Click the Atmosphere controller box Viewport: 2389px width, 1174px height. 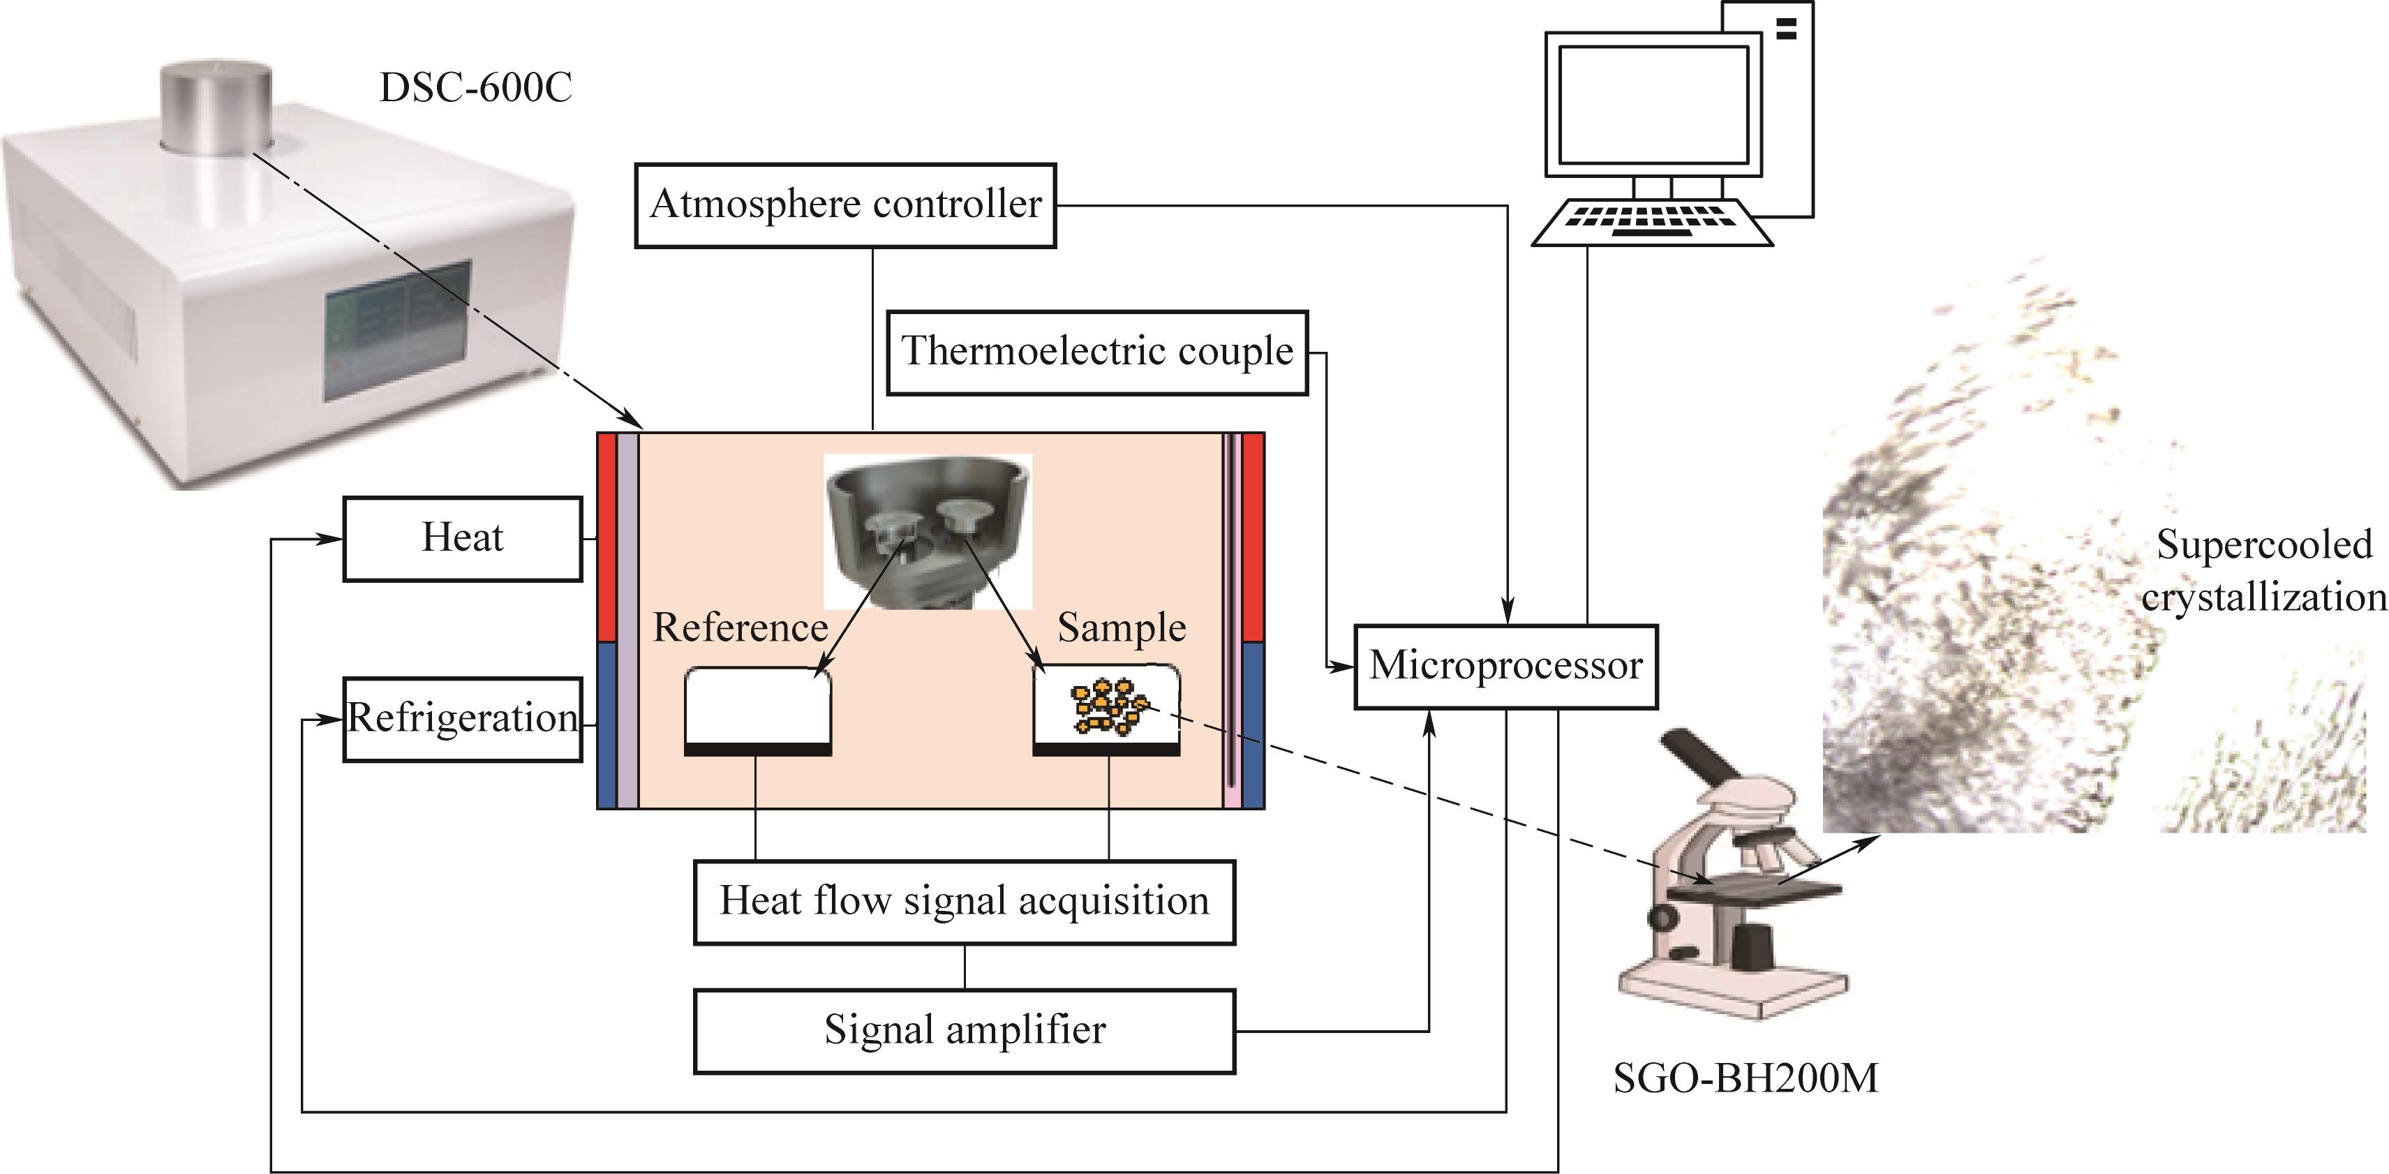coord(845,206)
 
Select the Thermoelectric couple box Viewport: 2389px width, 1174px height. coord(1097,353)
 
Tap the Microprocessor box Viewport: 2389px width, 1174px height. coord(1505,667)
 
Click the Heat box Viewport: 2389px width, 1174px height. coord(463,539)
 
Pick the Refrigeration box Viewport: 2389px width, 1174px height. coord(463,720)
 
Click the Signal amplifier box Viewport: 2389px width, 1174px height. coord(965,1031)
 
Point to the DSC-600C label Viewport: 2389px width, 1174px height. coord(476,88)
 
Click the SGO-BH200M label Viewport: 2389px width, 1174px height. coord(1746,1078)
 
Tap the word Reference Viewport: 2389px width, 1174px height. coord(740,627)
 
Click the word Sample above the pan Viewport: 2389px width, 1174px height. coord(1122,627)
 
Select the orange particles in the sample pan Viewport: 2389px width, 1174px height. coord(1108,708)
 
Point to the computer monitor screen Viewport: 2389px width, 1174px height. coord(1653,104)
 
